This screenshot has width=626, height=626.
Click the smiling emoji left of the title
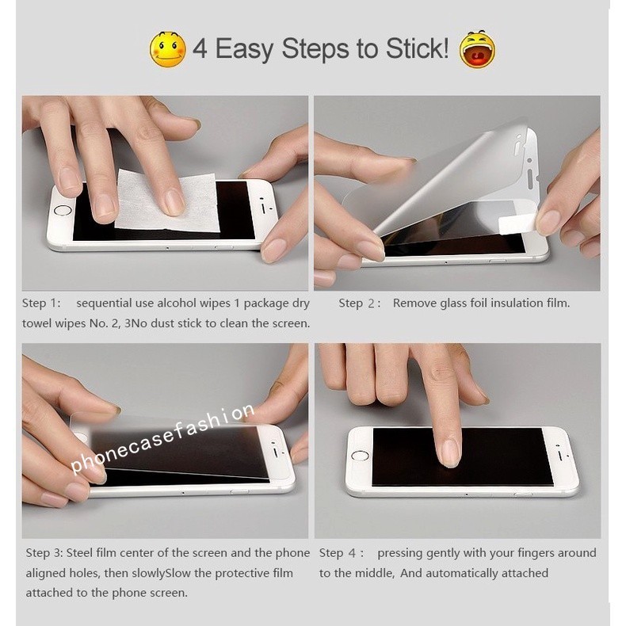tap(168, 49)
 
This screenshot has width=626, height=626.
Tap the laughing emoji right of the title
tap(477, 49)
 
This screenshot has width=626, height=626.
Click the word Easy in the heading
tap(244, 49)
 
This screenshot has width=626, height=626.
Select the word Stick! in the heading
tap(417, 48)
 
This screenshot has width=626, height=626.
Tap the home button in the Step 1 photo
tap(63, 210)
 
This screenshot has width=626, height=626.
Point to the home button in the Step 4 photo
tap(360, 456)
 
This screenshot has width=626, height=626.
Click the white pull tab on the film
tap(517, 223)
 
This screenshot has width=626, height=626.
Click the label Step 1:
tap(41, 303)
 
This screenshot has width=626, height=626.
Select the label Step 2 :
tap(359, 303)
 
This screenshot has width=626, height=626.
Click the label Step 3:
tap(44, 553)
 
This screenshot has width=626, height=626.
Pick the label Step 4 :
tap(342, 553)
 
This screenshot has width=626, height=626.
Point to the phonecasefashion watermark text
tap(162, 437)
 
